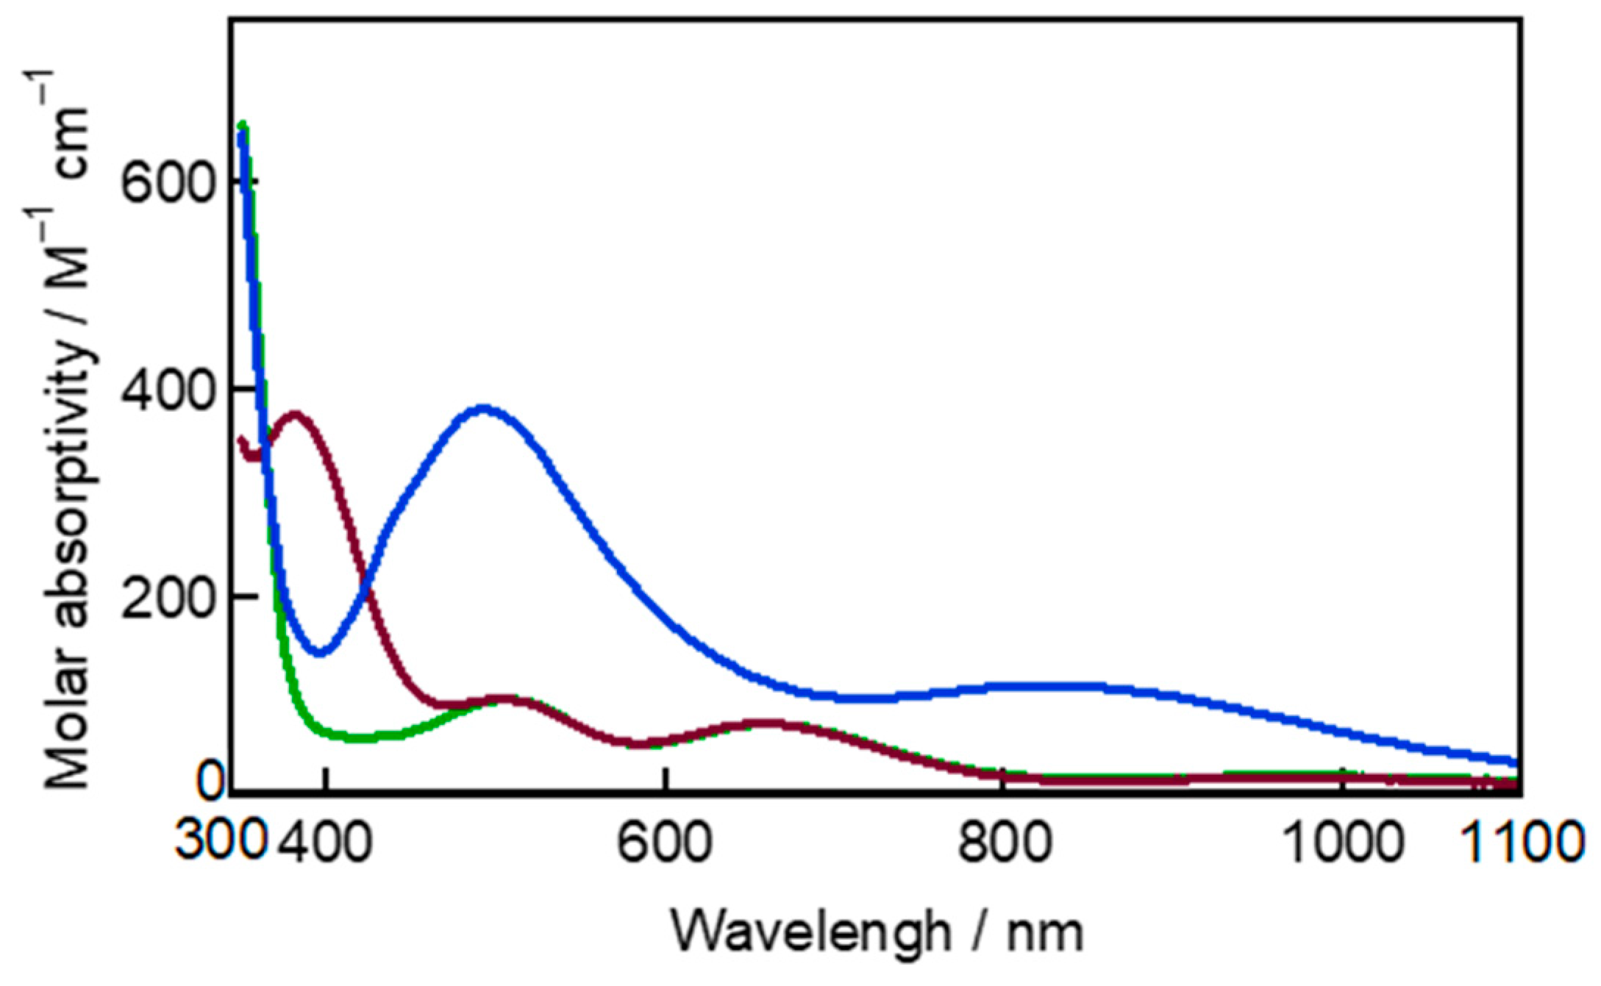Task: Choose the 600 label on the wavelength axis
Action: coord(664,843)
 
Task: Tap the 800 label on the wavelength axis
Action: coord(1003,843)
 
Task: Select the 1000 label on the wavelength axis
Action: coord(1343,843)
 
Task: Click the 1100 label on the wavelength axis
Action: coord(1522,843)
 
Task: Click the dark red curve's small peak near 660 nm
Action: coord(765,724)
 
